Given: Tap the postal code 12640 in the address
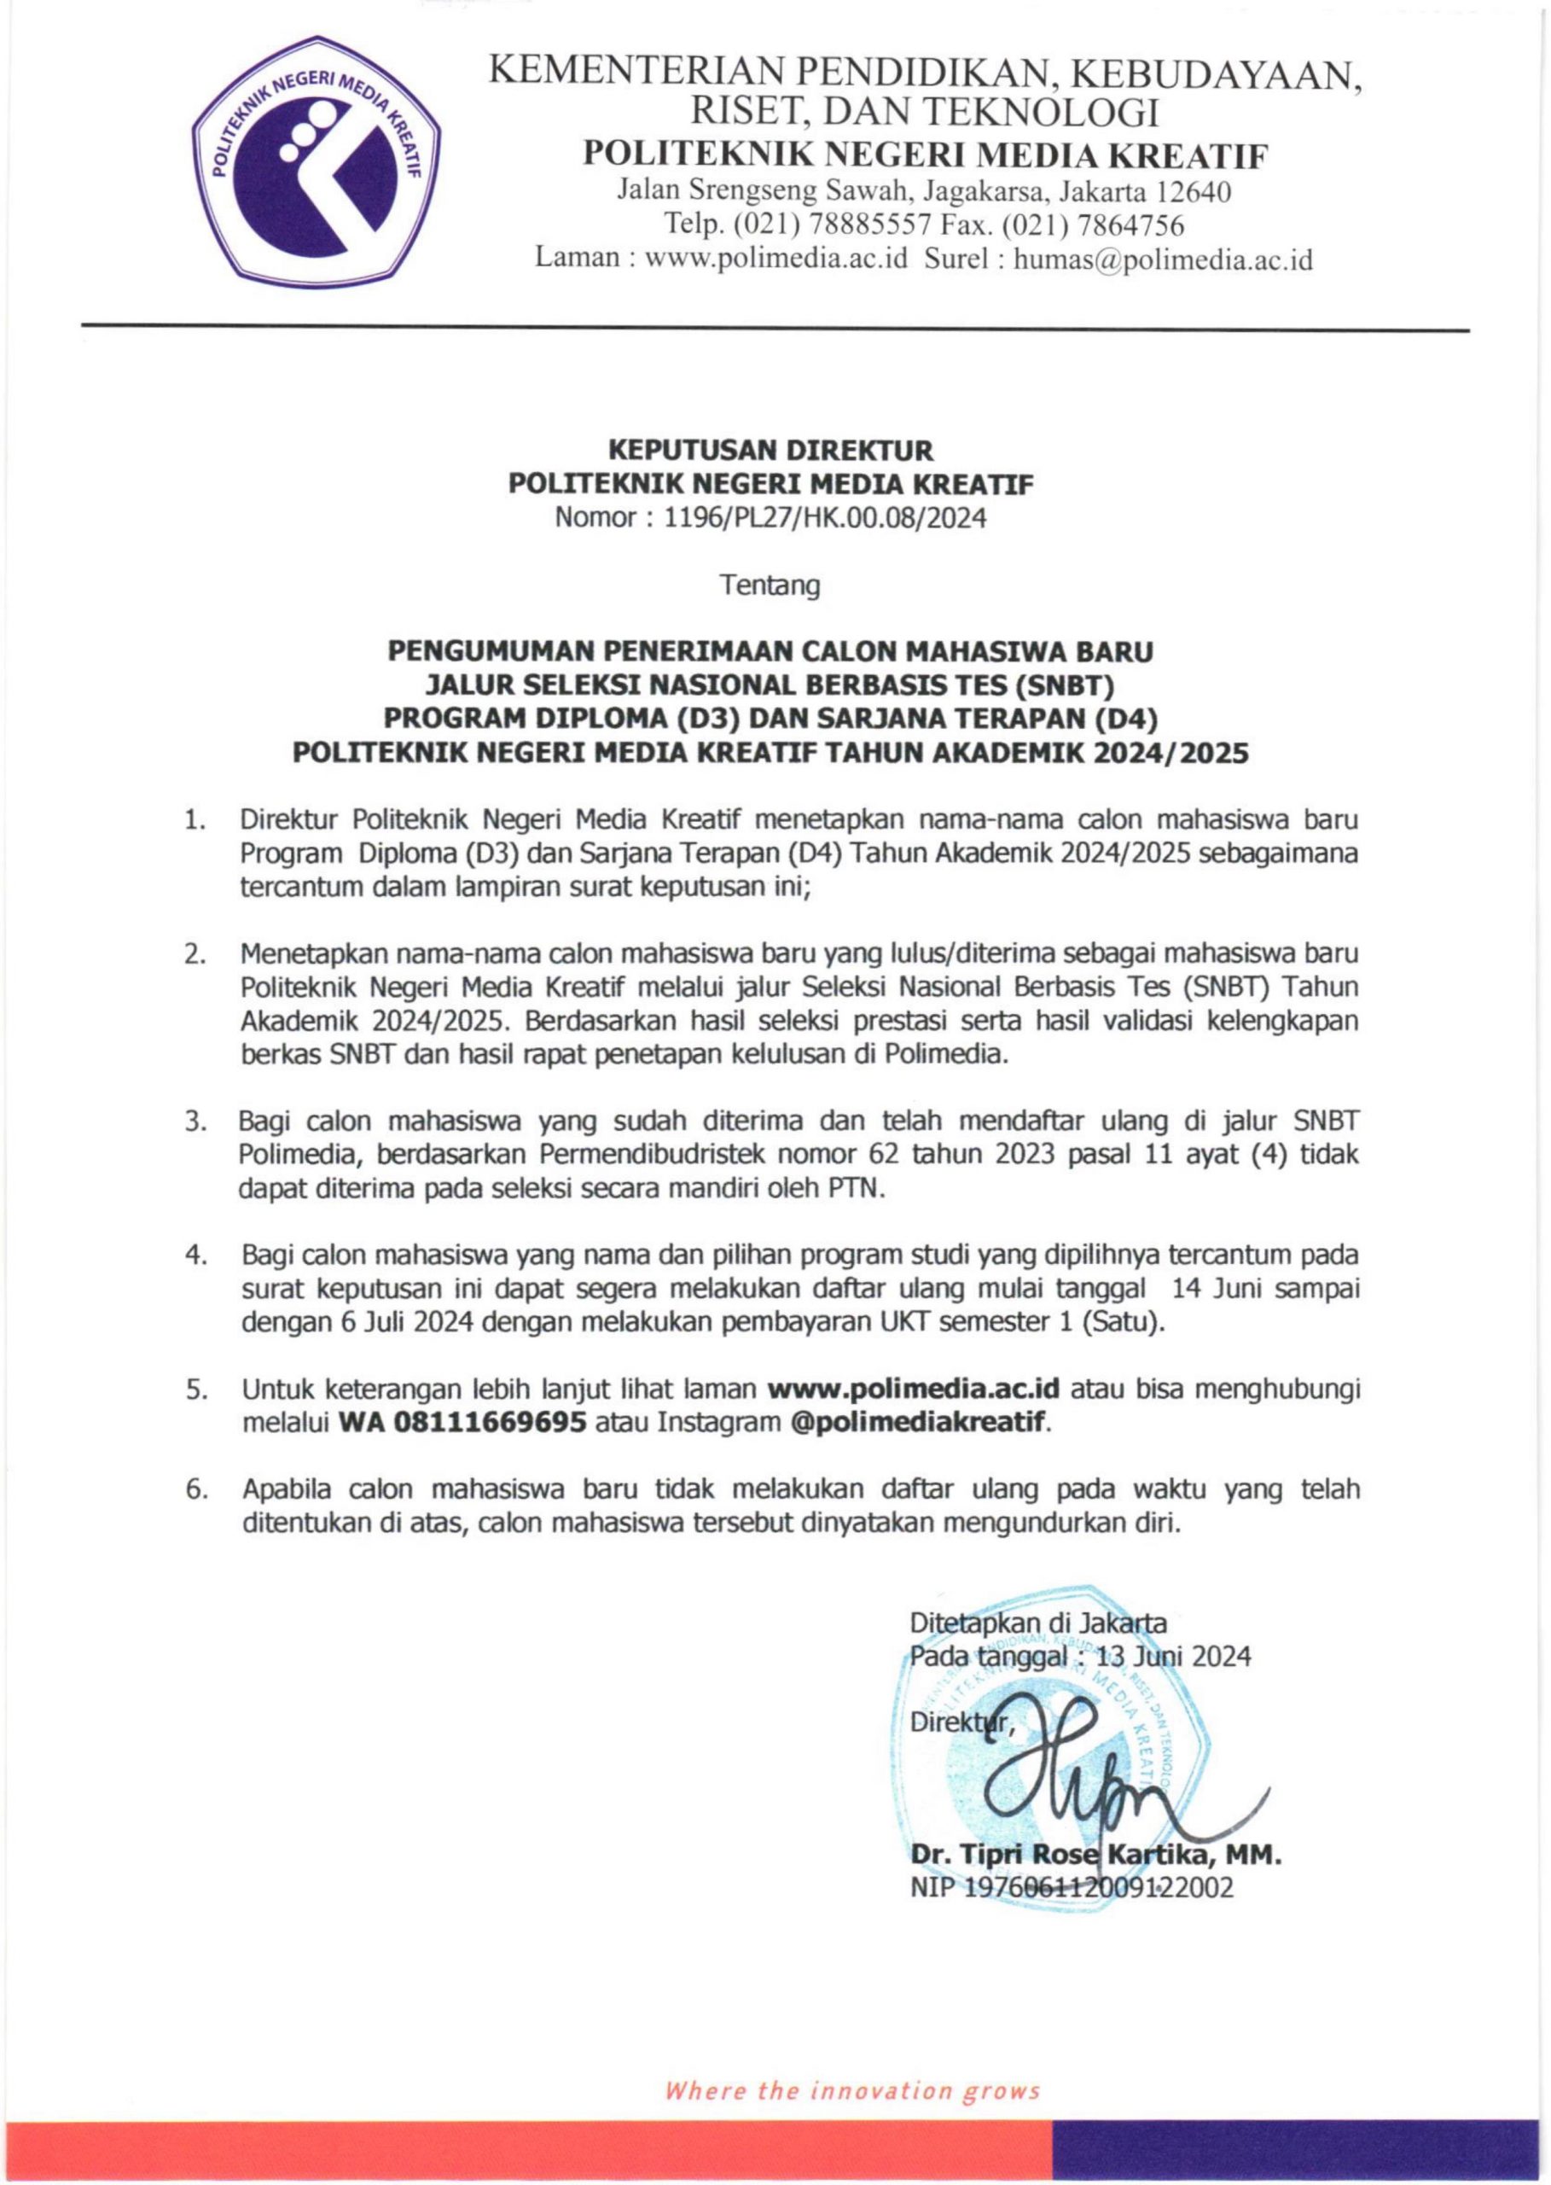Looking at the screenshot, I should pyautogui.click(x=1193, y=193).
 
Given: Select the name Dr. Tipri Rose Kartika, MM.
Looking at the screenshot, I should pyautogui.click(x=1095, y=1856).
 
